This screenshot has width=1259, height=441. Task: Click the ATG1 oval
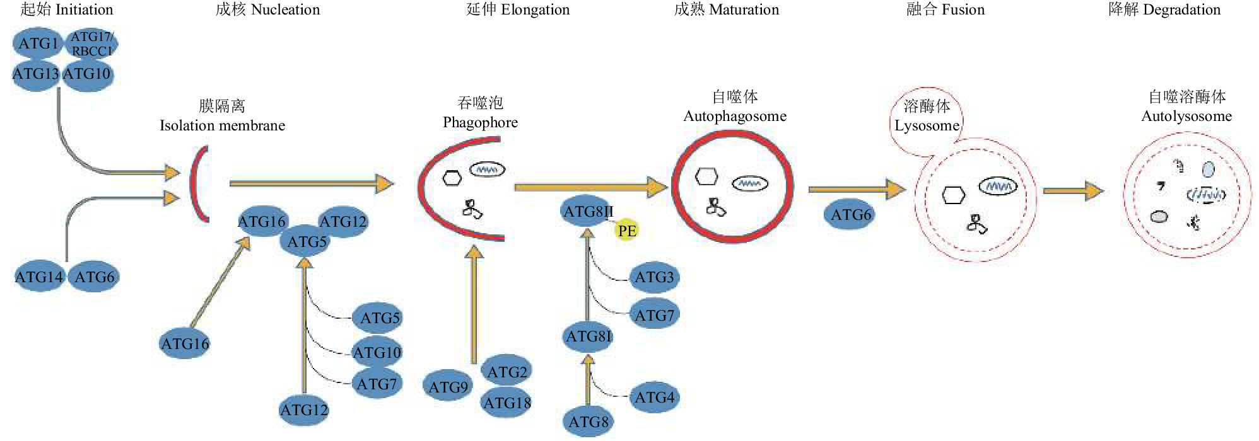[38, 43]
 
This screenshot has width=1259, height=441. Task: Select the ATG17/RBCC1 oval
[91, 44]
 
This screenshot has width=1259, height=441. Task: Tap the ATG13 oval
[36, 74]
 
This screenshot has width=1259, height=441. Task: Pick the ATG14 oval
[39, 277]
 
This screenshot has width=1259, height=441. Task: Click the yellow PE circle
[626, 231]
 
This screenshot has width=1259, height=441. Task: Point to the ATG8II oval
[587, 212]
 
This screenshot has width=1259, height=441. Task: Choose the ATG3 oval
[654, 277]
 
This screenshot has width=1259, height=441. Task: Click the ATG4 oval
[654, 398]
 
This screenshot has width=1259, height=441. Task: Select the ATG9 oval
[448, 386]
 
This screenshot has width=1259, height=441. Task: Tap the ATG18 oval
[507, 403]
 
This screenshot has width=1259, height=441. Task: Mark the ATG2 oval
[507, 372]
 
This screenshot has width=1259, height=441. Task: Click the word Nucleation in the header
[285, 10]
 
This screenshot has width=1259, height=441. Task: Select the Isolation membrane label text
[222, 125]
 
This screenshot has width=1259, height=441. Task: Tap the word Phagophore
[480, 122]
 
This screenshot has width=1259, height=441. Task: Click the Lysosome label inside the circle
[927, 125]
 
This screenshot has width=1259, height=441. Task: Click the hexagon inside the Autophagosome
[706, 176]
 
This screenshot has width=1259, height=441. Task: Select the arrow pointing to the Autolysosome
[1072, 190]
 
